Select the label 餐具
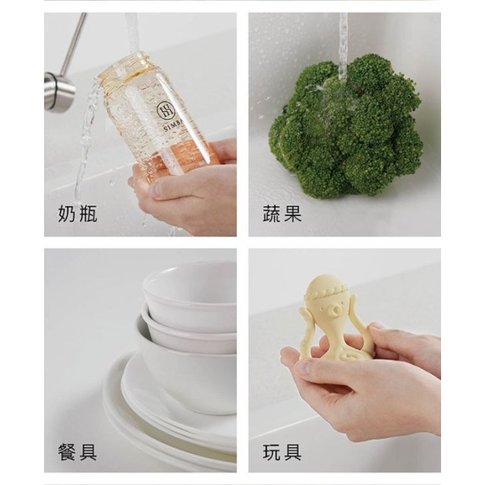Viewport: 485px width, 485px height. pos(77,452)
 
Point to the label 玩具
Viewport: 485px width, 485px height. pos(283,452)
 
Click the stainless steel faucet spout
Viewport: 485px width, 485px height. pos(61,91)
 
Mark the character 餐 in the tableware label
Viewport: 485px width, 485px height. pos(67,452)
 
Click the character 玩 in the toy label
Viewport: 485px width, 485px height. pos(272,452)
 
